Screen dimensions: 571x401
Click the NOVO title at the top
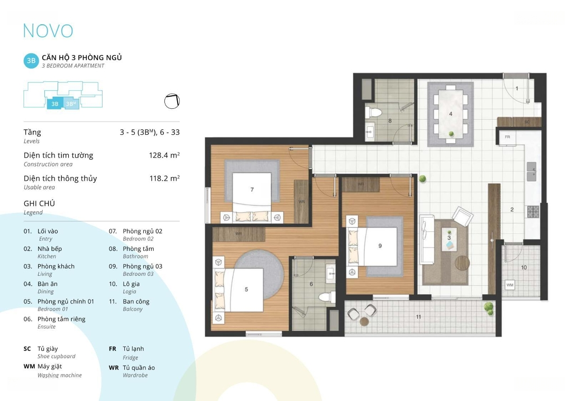pos(48,31)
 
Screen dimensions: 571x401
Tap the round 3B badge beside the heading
pos(31,61)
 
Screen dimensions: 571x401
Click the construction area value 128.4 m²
pos(164,155)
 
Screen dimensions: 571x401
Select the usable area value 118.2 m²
pos(164,178)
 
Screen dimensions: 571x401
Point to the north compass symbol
pos(172,101)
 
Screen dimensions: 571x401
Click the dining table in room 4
pos(450,114)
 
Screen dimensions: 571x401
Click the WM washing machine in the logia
pos(510,285)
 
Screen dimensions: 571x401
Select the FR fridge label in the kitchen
pos(507,137)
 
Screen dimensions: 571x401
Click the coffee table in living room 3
pos(449,239)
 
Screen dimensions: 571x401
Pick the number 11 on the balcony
pos(418,317)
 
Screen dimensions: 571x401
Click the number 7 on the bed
pos(252,190)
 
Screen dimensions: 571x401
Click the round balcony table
pos(364,322)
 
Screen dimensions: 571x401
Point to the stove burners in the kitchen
pos(533,212)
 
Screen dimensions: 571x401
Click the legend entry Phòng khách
pos(56,266)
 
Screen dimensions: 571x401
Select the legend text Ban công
pos(136,301)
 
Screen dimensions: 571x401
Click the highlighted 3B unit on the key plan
pos(55,104)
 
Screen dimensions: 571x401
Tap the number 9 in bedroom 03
pos(380,246)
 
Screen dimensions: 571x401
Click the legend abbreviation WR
pos(114,368)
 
